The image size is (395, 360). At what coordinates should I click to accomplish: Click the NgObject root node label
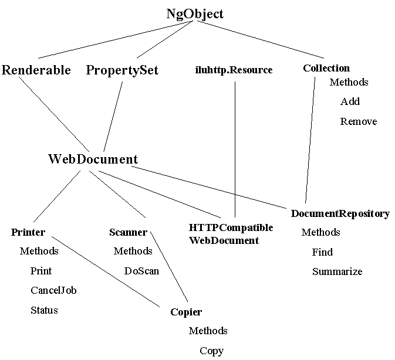pyautogui.click(x=195, y=14)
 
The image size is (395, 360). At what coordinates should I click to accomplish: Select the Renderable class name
pyautogui.click(x=36, y=70)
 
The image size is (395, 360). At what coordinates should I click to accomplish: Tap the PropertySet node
pyautogui.click(x=122, y=70)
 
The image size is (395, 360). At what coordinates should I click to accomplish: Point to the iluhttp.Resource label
pyautogui.click(x=234, y=70)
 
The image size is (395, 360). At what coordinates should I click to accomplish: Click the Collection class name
pyautogui.click(x=326, y=68)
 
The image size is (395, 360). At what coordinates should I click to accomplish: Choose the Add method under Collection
pyautogui.click(x=350, y=101)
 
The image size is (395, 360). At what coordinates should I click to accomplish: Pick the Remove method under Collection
pyautogui.click(x=358, y=121)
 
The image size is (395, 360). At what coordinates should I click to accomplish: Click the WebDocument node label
pyautogui.click(x=93, y=159)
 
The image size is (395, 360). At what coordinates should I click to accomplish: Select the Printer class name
pyautogui.click(x=28, y=232)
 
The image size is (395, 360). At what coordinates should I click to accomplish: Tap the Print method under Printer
pyautogui.click(x=41, y=271)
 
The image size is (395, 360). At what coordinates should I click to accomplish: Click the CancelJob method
pyautogui.click(x=53, y=290)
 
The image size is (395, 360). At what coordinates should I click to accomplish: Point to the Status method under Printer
pyautogui.click(x=44, y=310)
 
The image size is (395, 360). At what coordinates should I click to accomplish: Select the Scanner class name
pyautogui.click(x=128, y=232)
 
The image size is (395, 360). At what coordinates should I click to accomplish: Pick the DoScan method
pyautogui.click(x=141, y=271)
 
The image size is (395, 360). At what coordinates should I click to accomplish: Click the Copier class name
pyautogui.click(x=186, y=312)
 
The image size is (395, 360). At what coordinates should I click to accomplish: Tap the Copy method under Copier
pyautogui.click(x=211, y=351)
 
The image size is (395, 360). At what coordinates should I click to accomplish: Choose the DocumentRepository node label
pyautogui.click(x=340, y=213)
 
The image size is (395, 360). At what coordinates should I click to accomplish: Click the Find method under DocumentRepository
pyautogui.click(x=322, y=252)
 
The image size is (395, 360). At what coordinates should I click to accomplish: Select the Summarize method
pyautogui.click(x=337, y=271)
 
